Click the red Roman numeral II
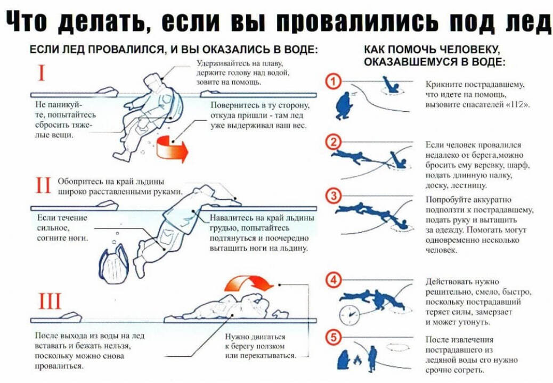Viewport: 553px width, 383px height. (42, 186)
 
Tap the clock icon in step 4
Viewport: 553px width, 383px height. (348, 314)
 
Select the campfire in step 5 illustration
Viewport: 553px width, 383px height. (357, 362)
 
